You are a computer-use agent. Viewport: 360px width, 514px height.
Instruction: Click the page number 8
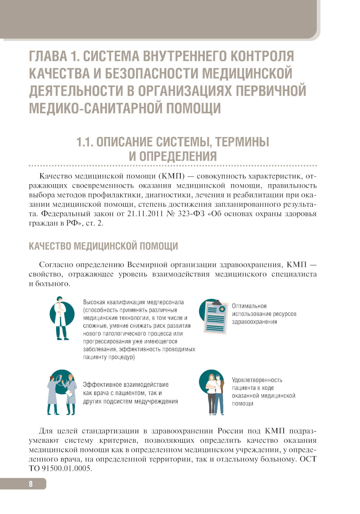pyautogui.click(x=31, y=484)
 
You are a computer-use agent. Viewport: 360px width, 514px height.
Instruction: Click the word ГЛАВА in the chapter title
pyautogui.click(x=48, y=56)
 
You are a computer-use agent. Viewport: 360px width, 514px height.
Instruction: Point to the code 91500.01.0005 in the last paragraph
pyautogui.click(x=67, y=468)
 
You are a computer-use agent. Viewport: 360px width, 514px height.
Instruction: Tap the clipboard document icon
pyautogui.click(x=214, y=317)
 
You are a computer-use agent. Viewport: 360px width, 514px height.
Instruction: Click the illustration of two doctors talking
pyautogui.click(x=62, y=393)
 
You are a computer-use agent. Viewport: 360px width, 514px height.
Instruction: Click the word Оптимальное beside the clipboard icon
pyautogui.click(x=249, y=306)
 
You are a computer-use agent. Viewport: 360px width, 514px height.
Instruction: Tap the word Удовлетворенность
pyautogui.click(x=257, y=380)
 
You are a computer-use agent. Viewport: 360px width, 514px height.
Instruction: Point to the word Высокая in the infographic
pyautogui.click(x=94, y=303)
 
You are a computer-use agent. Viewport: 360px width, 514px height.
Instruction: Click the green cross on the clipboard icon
pyautogui.click(x=222, y=309)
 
